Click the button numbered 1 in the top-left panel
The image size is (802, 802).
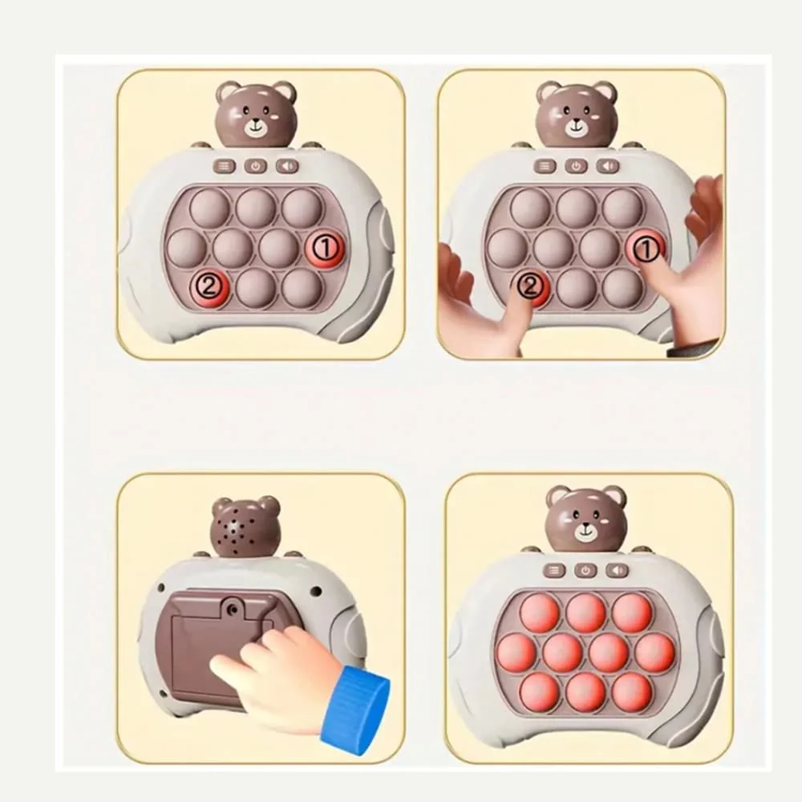coord(325,249)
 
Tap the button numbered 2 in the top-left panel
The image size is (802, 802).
coord(209,289)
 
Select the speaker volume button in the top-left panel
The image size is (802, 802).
coord(287,166)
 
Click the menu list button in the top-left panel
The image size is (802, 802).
coord(225,166)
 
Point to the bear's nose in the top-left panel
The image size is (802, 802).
coord(256,124)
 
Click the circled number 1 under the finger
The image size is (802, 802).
coord(646,249)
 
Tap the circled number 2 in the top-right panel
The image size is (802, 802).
coord(531,286)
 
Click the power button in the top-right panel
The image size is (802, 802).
coord(576,166)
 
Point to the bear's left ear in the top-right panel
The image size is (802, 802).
coord(547,92)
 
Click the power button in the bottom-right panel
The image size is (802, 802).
coord(585,570)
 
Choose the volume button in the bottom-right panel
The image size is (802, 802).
coord(618,570)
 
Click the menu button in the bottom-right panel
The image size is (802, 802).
coord(554,570)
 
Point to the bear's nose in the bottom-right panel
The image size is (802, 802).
coord(585,526)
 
